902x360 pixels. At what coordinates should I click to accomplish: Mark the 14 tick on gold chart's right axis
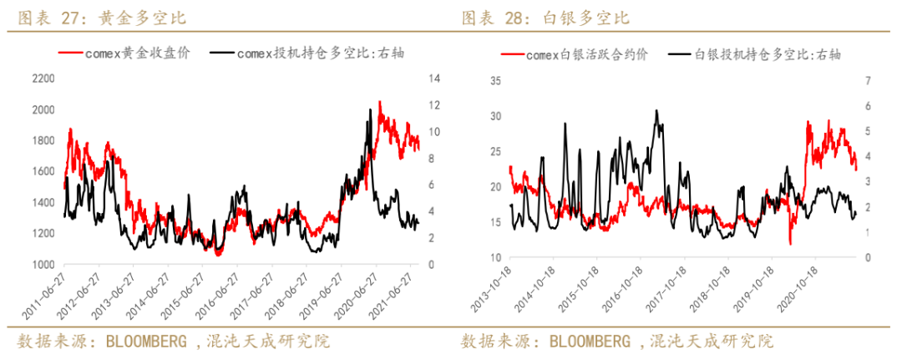(433, 79)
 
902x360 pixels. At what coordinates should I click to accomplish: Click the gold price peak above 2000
(380, 102)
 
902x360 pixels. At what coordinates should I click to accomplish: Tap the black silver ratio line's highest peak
(656, 110)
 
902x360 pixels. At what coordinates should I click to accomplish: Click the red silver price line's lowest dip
(790, 244)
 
